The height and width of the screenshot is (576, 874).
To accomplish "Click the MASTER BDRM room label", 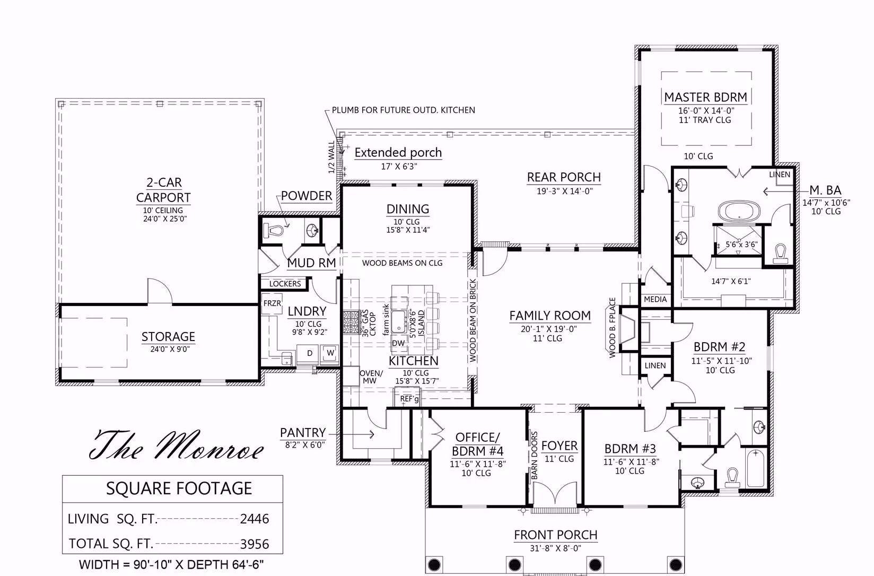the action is pyautogui.click(x=705, y=97).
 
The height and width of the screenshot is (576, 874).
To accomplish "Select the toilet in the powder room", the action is pyautogui.click(x=274, y=230).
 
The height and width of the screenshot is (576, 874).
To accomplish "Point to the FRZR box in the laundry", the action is pyautogui.click(x=272, y=303).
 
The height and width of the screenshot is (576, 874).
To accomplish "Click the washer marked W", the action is pyautogui.click(x=330, y=353).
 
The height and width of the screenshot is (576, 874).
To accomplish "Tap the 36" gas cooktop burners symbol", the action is pyautogui.click(x=352, y=321).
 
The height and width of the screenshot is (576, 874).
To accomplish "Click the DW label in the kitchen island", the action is pyautogui.click(x=398, y=343).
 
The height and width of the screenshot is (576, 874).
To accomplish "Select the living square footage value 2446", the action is pyautogui.click(x=255, y=519).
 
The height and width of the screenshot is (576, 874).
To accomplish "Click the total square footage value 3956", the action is pyautogui.click(x=255, y=544).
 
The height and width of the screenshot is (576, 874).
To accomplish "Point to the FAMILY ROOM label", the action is pyautogui.click(x=550, y=316).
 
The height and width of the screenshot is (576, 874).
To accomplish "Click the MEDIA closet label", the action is pyautogui.click(x=655, y=299).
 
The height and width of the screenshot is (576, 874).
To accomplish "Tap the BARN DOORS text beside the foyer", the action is pyautogui.click(x=534, y=456).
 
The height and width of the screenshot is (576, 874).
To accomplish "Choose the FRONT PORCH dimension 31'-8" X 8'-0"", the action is pyautogui.click(x=555, y=548).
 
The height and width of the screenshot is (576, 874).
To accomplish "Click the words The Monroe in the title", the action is pyautogui.click(x=177, y=446).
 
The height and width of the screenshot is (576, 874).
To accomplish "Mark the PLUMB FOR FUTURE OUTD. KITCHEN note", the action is pyautogui.click(x=404, y=110).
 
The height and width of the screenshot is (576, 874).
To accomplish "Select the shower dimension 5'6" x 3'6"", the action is pyautogui.click(x=741, y=245).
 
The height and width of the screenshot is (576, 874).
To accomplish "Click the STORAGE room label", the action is pyautogui.click(x=168, y=336).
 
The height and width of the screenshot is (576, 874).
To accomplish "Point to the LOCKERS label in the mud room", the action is pyautogui.click(x=285, y=284).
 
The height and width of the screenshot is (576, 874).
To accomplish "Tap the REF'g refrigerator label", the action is pyautogui.click(x=409, y=399).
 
